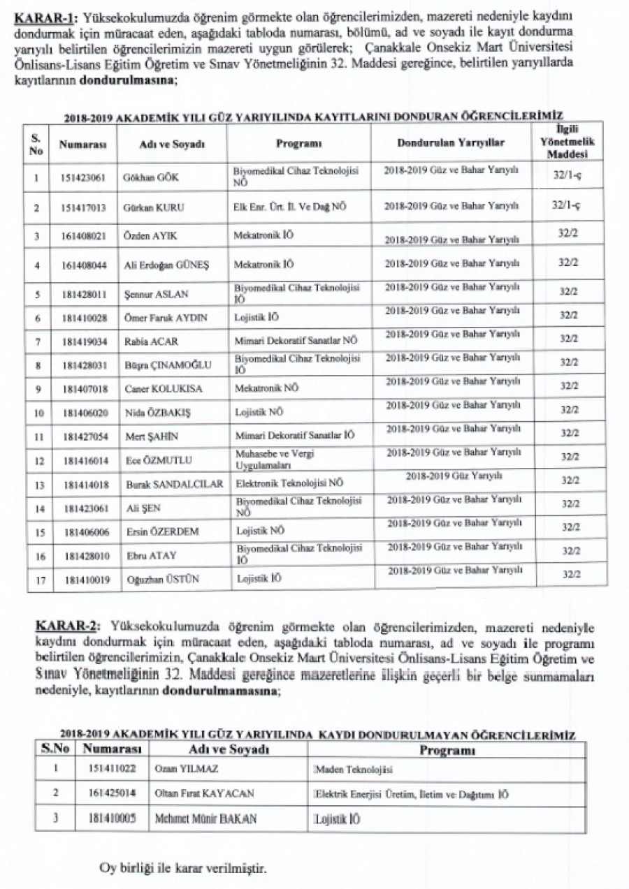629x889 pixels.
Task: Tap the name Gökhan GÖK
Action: (150, 177)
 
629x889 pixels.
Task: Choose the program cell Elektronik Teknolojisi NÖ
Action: (288, 483)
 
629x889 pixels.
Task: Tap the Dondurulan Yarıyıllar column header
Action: (451, 142)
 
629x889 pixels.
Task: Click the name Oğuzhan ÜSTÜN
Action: (157, 579)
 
